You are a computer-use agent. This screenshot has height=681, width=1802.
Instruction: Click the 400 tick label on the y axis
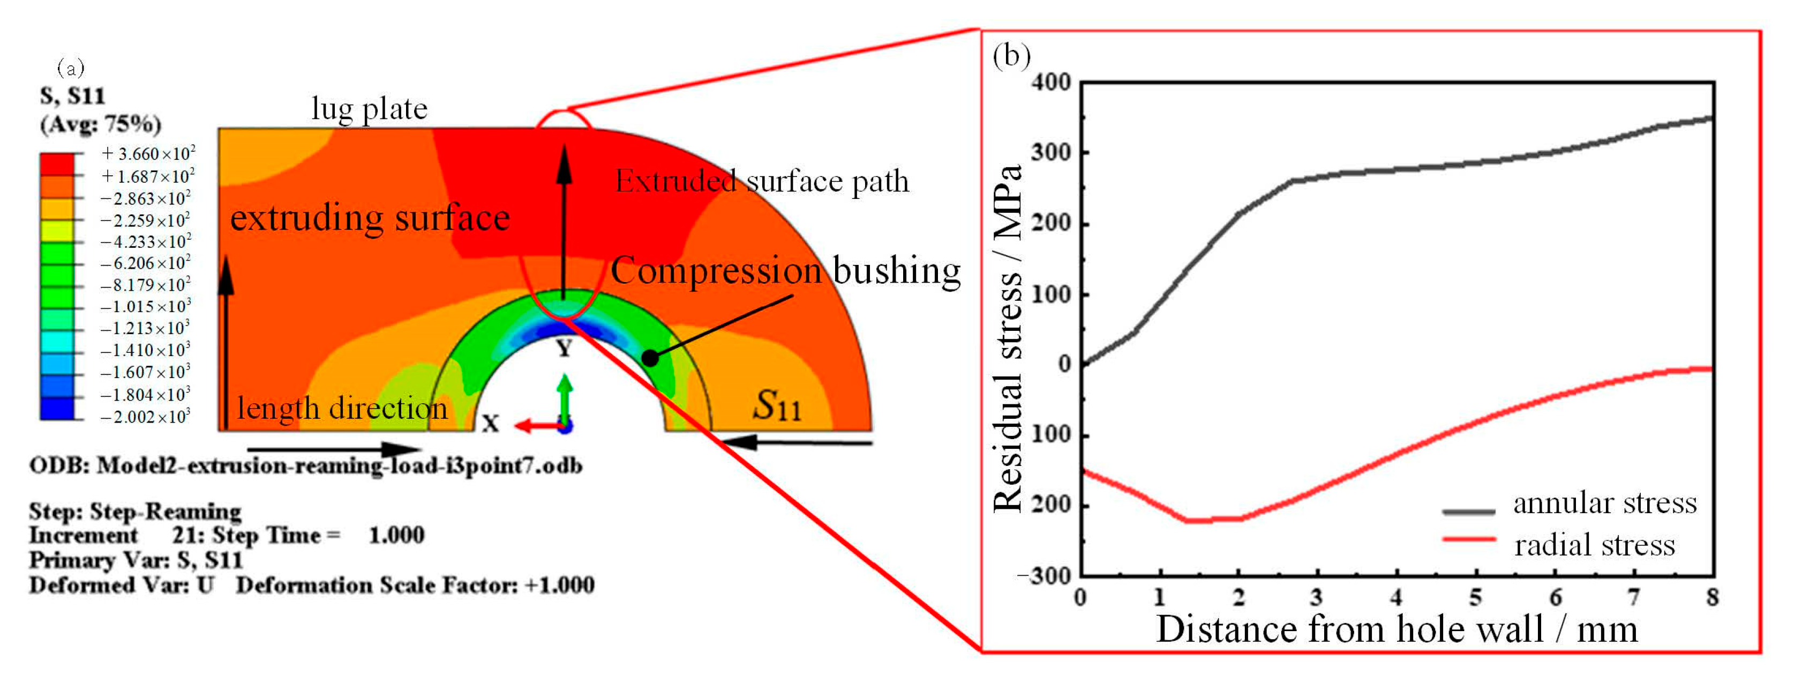click(1052, 83)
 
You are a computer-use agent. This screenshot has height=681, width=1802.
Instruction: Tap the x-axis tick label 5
click(1476, 597)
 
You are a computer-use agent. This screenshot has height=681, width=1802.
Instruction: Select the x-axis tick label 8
click(1713, 597)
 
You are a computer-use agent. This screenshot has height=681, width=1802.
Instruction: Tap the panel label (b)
click(1011, 55)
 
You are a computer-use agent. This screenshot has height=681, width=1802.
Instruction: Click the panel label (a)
click(71, 68)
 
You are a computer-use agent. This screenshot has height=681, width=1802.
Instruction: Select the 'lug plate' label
click(370, 108)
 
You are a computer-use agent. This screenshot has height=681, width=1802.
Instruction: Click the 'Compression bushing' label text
click(786, 271)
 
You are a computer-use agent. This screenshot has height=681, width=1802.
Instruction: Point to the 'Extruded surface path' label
click(762, 181)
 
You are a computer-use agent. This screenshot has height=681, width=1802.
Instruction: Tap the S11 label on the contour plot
click(777, 405)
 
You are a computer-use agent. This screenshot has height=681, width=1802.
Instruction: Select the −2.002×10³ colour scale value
click(145, 417)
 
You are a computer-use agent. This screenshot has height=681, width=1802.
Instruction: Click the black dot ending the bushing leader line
click(650, 358)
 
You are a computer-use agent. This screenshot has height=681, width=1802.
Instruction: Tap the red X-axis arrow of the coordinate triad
click(536, 425)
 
